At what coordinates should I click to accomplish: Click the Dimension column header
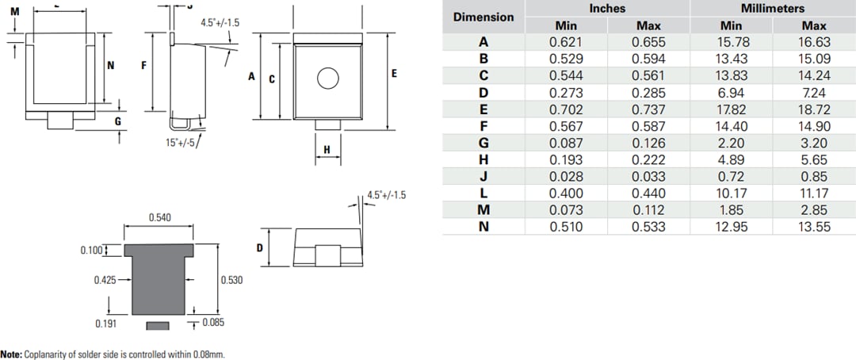pyautogui.click(x=483, y=17)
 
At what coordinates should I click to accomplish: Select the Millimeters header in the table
pyautogui.click(x=772, y=8)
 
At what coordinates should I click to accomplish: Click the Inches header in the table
pyautogui.click(x=607, y=8)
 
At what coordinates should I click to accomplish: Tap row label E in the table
pyautogui.click(x=483, y=109)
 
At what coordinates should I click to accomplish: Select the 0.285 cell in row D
pyautogui.click(x=648, y=93)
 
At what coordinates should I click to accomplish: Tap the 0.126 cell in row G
pyautogui.click(x=648, y=143)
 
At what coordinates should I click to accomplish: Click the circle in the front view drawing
pyautogui.click(x=327, y=78)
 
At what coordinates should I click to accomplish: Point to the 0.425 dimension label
pyautogui.click(x=105, y=280)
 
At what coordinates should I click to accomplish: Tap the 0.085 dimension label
pyautogui.click(x=213, y=323)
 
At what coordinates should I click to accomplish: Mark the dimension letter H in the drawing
pyautogui.click(x=327, y=151)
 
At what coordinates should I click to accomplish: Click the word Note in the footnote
pyautogui.click(x=11, y=354)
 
